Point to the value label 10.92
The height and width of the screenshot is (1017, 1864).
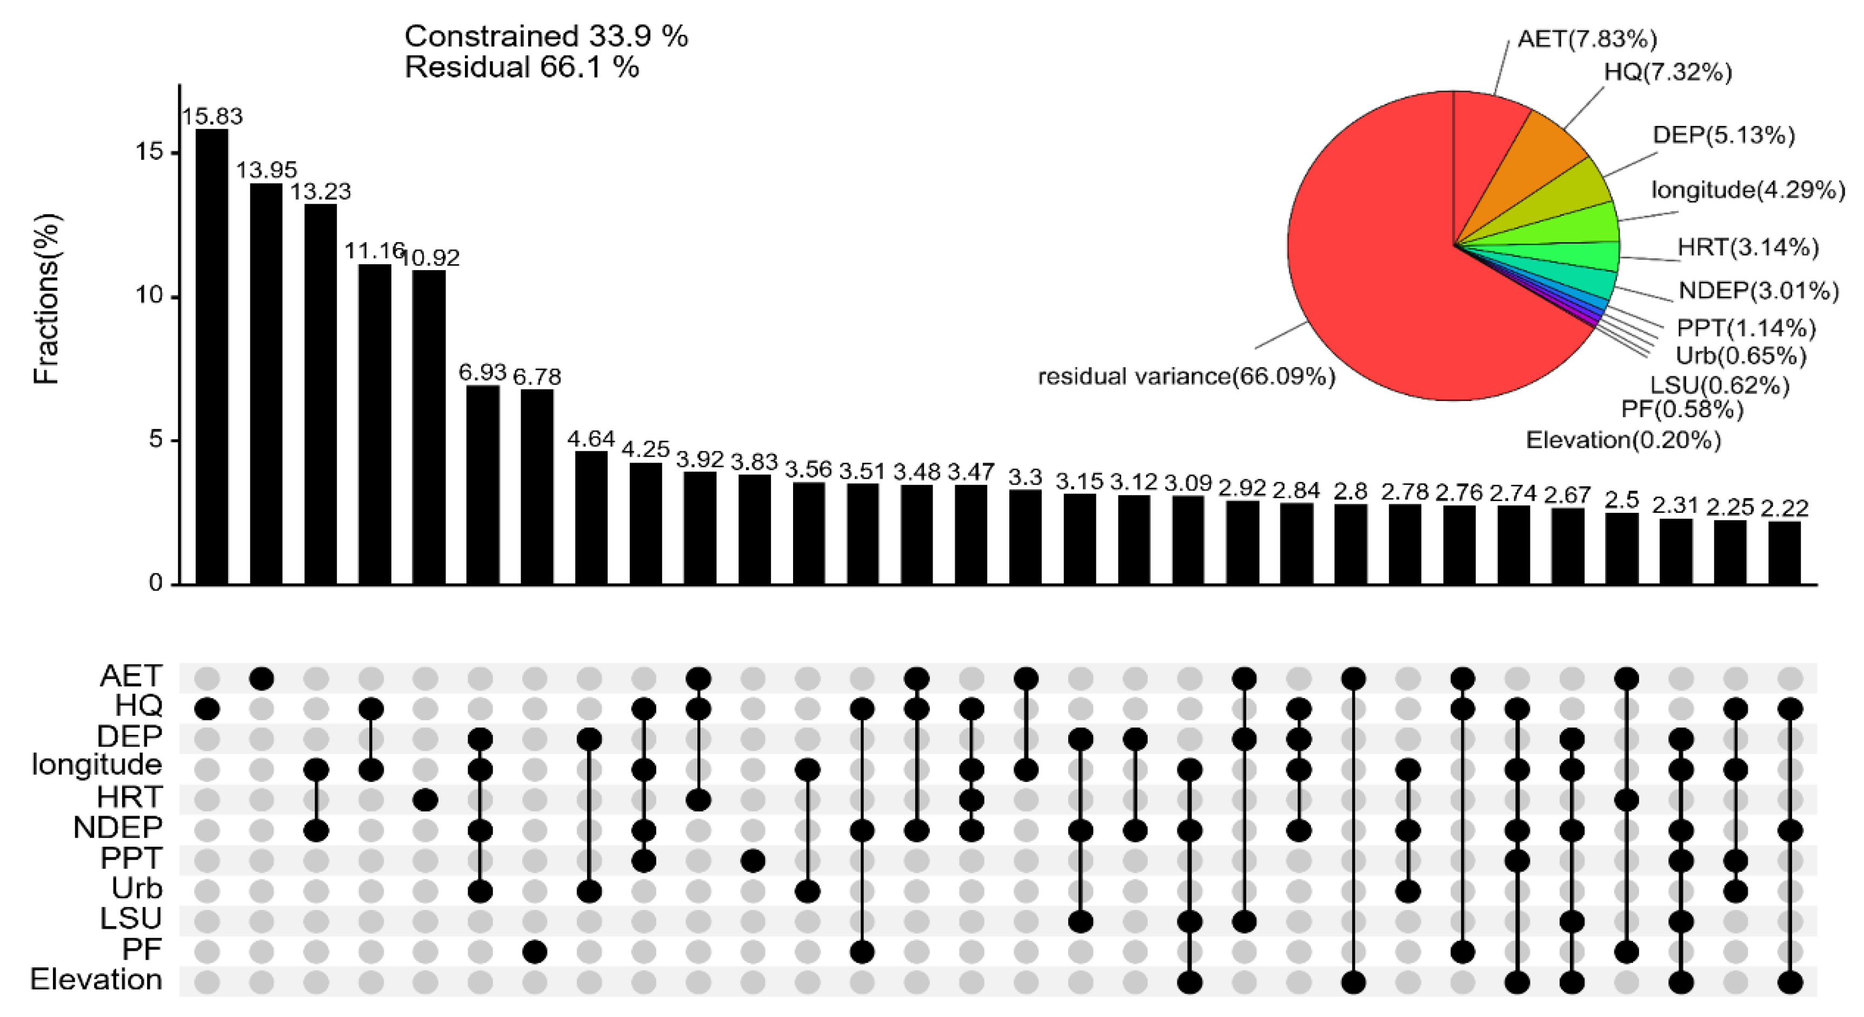coord(430,258)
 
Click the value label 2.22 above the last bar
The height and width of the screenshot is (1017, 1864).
coord(1785,508)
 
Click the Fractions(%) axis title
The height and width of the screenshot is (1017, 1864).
coord(46,298)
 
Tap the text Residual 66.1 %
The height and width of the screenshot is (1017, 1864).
coord(521,67)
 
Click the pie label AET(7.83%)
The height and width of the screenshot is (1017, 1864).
coord(1587,39)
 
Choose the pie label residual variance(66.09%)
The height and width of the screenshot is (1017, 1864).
coord(1186,376)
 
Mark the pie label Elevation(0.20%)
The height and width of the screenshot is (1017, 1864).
coord(1623,440)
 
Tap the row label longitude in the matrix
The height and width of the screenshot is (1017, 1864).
coord(96,765)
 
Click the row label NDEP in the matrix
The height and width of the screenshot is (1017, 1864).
coord(117,827)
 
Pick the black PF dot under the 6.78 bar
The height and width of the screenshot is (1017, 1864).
coord(534,952)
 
